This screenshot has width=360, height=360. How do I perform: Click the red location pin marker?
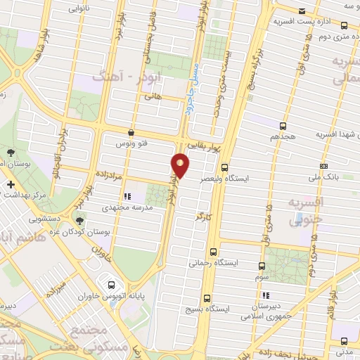tap(181, 165)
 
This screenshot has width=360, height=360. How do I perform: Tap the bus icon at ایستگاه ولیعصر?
tap(224, 168)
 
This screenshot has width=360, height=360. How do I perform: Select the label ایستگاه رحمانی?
tap(212, 263)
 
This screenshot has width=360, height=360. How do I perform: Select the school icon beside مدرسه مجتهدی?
tap(127, 197)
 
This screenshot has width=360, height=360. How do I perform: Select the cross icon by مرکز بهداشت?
tap(10, 184)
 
